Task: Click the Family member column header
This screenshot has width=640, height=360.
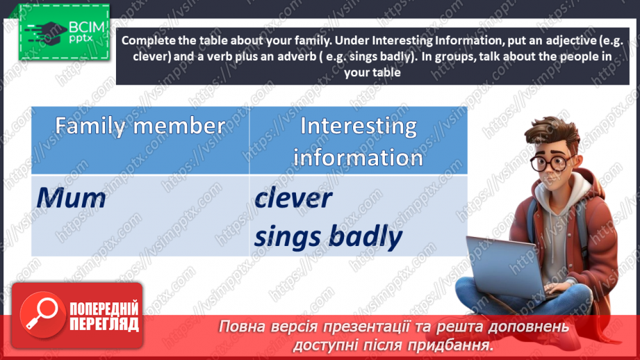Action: tap(140, 126)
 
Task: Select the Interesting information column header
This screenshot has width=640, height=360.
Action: tap(359, 142)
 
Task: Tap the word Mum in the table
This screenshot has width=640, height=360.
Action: tap(71, 198)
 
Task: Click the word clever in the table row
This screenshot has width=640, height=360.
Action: tap(293, 198)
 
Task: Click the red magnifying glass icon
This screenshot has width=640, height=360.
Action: tap(42, 315)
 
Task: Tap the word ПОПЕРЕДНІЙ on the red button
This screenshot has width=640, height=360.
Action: tap(104, 309)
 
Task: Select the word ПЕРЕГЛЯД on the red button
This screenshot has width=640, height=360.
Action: tap(104, 325)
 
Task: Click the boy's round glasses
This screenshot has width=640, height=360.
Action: tap(553, 163)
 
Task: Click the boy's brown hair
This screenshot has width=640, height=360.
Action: tap(551, 131)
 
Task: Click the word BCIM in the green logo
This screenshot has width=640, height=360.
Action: tap(87, 27)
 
